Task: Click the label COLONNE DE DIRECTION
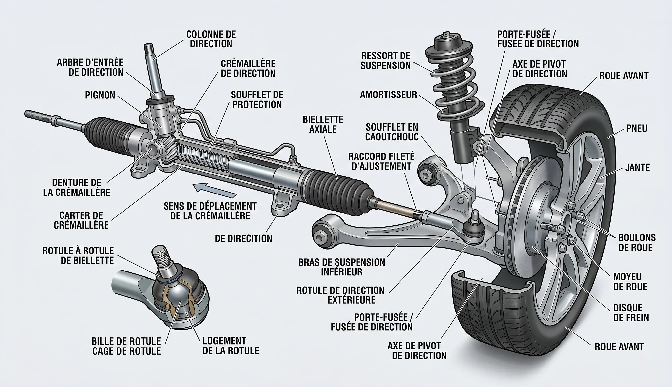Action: [211, 39]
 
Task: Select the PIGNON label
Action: [100, 95]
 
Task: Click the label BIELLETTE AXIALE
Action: [323, 124]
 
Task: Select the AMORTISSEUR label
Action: [388, 95]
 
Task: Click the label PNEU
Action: [637, 129]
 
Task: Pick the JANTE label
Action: [637, 167]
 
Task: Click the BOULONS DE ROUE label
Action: [637, 242]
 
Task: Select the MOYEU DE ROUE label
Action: [630, 281]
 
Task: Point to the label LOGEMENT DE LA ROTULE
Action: [231, 346]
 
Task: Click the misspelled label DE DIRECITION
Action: [243, 238]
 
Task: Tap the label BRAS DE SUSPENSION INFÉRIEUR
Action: [342, 267]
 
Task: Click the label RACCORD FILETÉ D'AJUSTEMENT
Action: [381, 161]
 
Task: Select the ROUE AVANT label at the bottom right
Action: [619, 347]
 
